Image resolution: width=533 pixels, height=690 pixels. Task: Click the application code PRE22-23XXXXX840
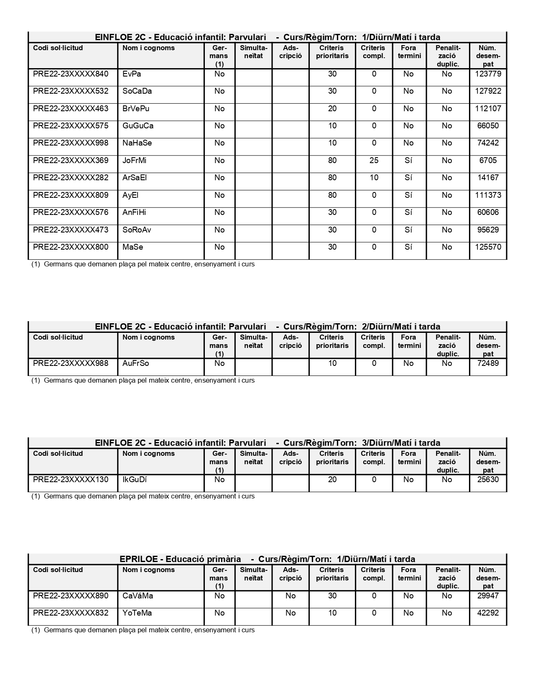click(71, 74)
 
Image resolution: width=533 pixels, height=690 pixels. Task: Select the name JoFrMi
click(134, 161)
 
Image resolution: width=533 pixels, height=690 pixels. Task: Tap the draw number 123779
click(488, 74)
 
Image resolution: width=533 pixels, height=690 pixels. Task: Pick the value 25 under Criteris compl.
click(374, 161)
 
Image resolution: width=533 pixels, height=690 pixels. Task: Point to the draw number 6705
click(488, 161)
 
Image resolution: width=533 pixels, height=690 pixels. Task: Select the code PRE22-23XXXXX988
click(71, 363)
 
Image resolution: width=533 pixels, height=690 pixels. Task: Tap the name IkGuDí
click(135, 480)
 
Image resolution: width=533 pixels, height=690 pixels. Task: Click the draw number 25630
click(488, 480)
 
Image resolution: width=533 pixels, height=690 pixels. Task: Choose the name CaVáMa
click(138, 596)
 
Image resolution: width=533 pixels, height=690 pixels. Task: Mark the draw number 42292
click(488, 613)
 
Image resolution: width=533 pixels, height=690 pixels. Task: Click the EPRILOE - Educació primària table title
click(267, 559)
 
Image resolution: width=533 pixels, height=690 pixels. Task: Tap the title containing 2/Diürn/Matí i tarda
click(267, 327)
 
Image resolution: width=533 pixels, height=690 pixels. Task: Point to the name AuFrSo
click(135, 363)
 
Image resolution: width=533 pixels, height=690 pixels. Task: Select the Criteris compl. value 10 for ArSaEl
click(374, 178)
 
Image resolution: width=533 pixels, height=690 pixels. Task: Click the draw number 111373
click(488, 195)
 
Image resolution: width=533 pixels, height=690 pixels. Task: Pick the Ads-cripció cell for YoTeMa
click(290, 613)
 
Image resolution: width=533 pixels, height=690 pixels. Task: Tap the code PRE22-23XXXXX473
click(71, 230)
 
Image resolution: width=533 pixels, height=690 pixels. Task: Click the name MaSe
click(133, 247)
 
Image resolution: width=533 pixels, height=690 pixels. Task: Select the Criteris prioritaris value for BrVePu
click(332, 109)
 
